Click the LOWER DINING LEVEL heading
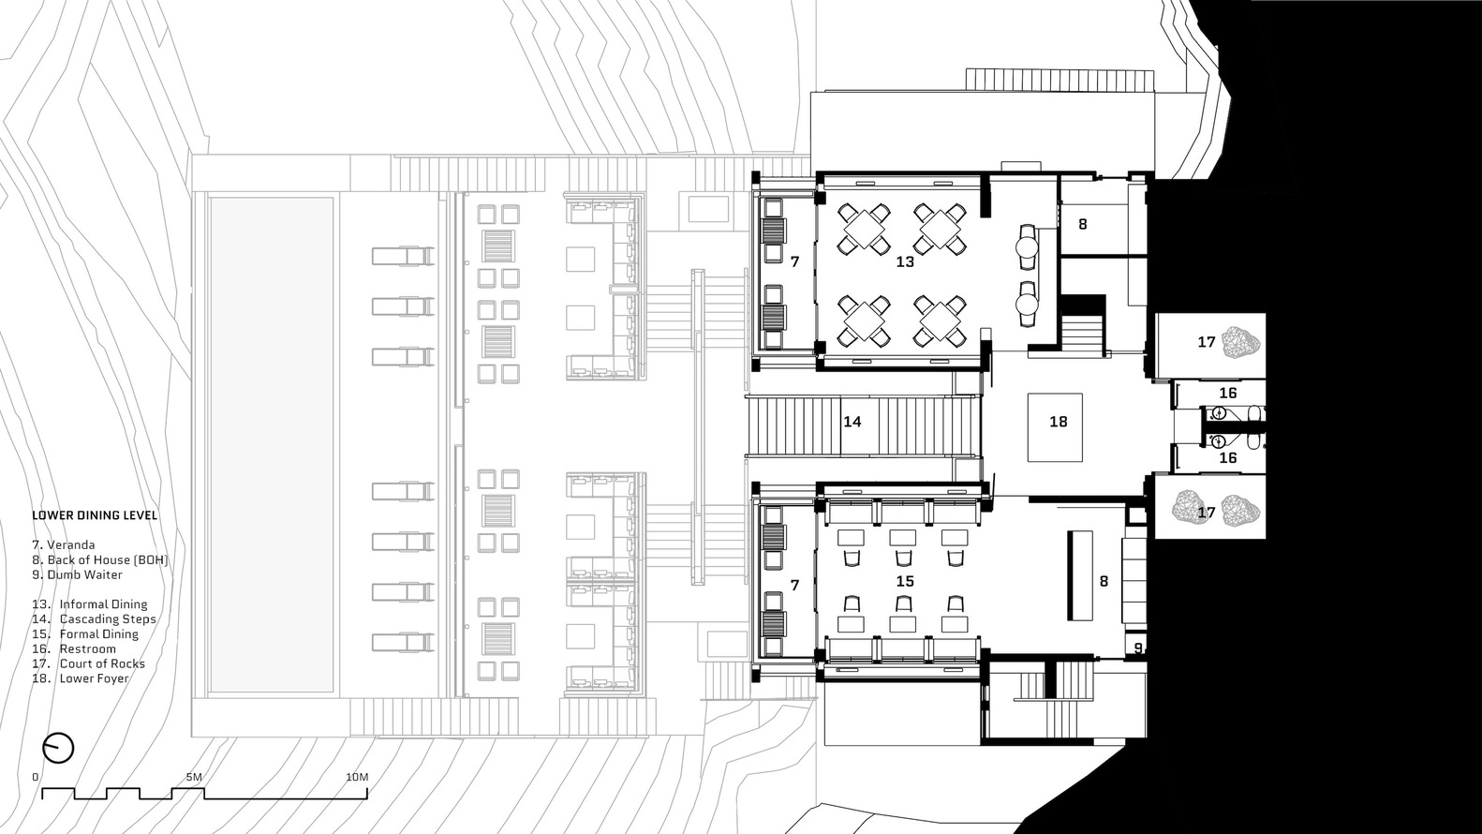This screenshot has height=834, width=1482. pyautogui.click(x=95, y=515)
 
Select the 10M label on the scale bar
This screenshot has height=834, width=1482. pyautogui.click(x=357, y=778)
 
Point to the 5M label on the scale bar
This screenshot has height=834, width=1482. pyautogui.click(x=194, y=778)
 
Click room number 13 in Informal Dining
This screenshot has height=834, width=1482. pyautogui.click(x=904, y=262)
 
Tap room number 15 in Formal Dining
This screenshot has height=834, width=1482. pyautogui.click(x=904, y=582)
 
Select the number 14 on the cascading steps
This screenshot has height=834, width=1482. pyautogui.click(x=852, y=423)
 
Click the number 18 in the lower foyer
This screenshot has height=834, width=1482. pyautogui.click(x=1058, y=423)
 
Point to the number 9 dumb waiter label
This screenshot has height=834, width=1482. pyautogui.click(x=1138, y=648)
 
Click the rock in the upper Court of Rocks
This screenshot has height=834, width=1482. pyautogui.click(x=1244, y=341)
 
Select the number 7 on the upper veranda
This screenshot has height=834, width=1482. pyautogui.click(x=794, y=262)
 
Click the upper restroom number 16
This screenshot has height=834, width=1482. pyautogui.click(x=1227, y=394)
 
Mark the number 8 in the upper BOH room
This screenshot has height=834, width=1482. pyautogui.click(x=1082, y=225)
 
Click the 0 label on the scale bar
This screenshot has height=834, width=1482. pyautogui.click(x=36, y=778)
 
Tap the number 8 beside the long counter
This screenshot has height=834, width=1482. pyautogui.click(x=1104, y=582)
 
